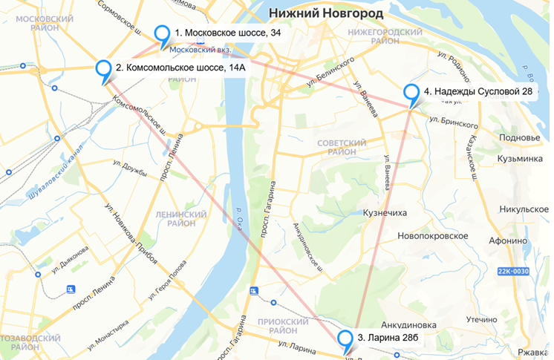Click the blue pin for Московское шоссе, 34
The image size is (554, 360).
(163, 34)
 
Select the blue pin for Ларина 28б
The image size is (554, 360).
(345, 339)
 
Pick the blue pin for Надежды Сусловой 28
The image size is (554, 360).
(411, 93)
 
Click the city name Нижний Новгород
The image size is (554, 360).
(326, 13)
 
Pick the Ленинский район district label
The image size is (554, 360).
(175, 218)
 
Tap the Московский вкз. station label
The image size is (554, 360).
(201, 50)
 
